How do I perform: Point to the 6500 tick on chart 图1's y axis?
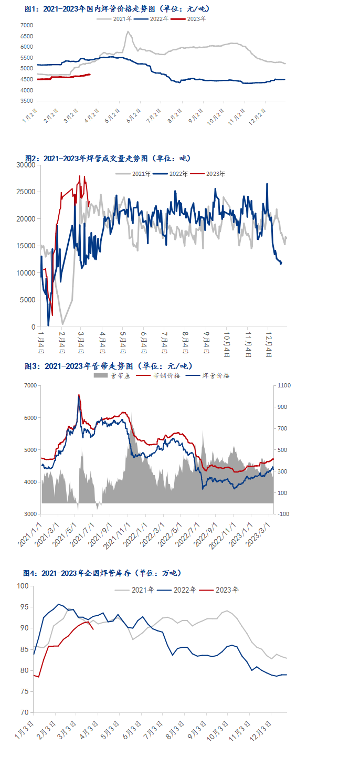(26, 36)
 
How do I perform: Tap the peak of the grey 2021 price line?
(128, 31)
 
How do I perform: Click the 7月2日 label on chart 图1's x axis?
(153, 115)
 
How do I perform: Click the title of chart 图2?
(108, 158)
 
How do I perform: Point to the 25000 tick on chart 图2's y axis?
(26, 192)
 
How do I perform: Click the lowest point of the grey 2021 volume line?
(62, 324)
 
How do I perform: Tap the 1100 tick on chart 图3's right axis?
(283, 386)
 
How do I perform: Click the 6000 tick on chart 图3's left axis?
(30, 418)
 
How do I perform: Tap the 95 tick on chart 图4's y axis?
(23, 607)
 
